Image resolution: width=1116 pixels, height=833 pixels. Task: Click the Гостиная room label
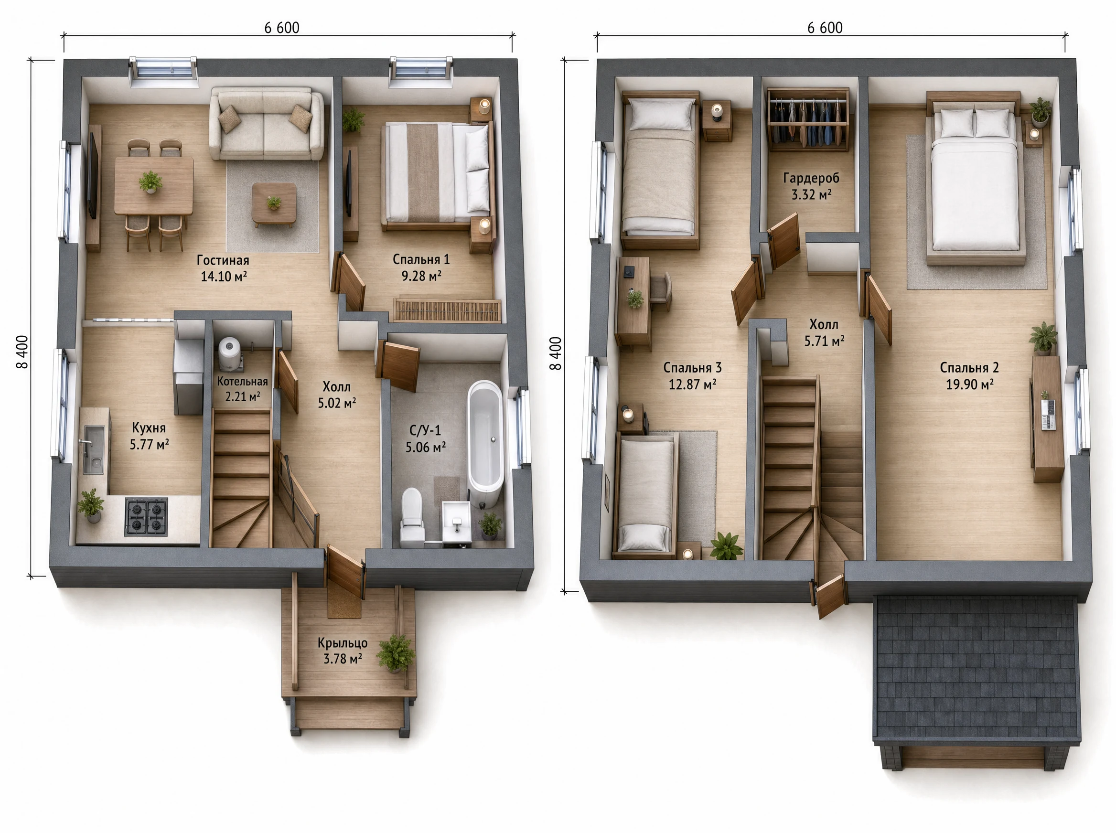tap(223, 260)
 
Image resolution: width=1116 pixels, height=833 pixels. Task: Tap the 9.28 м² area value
tap(421, 276)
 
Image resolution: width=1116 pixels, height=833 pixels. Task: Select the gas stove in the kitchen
tap(146, 516)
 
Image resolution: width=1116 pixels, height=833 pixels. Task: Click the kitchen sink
tap(93, 449)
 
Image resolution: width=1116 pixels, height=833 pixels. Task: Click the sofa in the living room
tap(267, 124)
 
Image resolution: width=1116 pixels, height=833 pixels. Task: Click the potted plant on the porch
tap(396, 653)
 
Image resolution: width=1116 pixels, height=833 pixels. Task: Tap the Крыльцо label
tap(343, 643)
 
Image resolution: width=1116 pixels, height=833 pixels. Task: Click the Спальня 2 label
tap(969, 368)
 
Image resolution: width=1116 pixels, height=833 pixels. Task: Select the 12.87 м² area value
tap(692, 384)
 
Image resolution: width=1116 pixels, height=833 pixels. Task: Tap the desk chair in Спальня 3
tap(661, 291)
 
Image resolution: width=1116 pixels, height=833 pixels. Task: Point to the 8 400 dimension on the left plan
tap(22, 352)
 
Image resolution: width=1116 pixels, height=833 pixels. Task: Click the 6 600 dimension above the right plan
tap(825, 28)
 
